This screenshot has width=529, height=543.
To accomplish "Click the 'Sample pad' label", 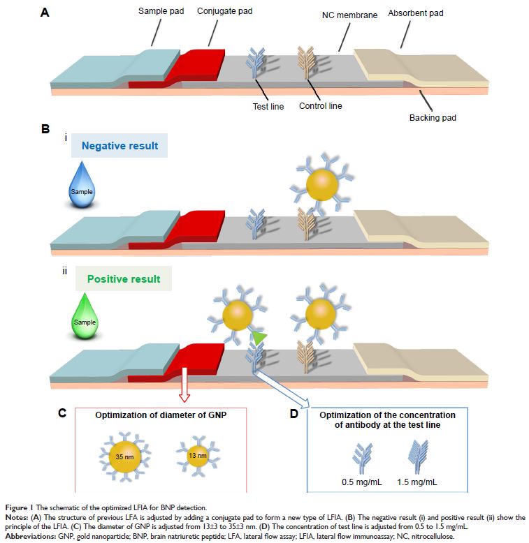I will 160,12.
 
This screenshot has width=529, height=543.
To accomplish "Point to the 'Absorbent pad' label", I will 415,13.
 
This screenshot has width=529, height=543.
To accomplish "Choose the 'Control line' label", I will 320,106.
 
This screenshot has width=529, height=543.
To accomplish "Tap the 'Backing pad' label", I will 432,118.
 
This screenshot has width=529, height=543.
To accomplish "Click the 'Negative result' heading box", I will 120,146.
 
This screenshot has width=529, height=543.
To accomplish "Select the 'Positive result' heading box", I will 123,278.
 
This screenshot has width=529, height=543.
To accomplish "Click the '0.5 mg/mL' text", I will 361,482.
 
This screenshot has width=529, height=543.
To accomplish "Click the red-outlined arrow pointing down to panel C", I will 184,387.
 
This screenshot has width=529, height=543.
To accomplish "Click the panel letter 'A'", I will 45,12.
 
